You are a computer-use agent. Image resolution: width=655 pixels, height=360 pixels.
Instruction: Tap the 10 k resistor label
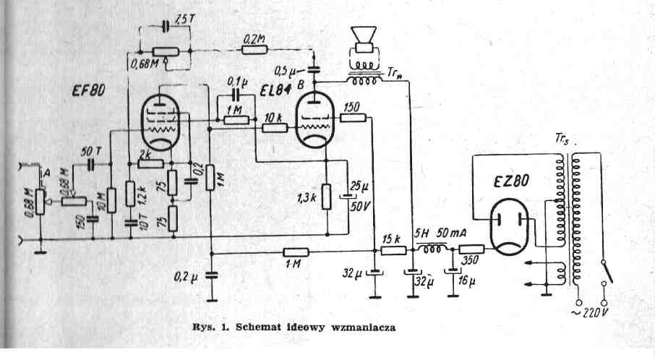[x=273, y=116]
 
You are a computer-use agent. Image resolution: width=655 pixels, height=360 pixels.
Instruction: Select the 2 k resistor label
[x=143, y=154]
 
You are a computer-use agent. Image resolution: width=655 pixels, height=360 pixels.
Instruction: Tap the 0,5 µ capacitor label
[x=289, y=70]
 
